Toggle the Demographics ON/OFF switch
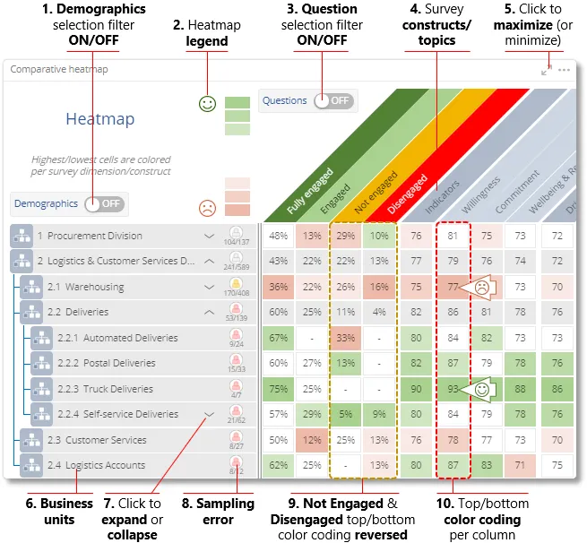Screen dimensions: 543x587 (x=104, y=203)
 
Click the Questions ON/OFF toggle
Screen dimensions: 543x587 (x=332, y=101)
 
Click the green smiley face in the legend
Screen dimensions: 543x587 (x=207, y=105)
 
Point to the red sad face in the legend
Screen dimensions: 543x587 (x=207, y=209)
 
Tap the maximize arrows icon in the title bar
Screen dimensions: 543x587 (x=547, y=70)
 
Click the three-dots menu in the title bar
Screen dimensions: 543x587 (x=564, y=70)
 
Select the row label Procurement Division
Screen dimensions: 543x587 (x=94, y=237)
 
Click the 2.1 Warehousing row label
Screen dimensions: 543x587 (x=86, y=288)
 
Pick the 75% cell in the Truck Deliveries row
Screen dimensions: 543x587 (x=279, y=389)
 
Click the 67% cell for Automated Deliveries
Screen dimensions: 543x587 (x=279, y=339)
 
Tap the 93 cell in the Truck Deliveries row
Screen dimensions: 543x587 (x=453, y=389)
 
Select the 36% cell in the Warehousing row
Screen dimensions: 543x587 (x=279, y=288)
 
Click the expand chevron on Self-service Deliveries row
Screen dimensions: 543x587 (x=209, y=414)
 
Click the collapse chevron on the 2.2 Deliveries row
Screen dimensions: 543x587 (x=209, y=313)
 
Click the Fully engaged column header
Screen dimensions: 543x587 (x=310, y=193)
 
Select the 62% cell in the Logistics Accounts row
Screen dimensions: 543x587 (x=279, y=465)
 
